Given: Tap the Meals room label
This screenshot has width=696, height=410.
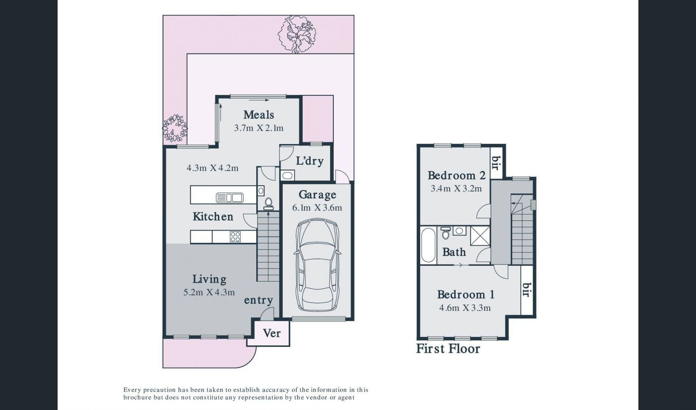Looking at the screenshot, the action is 258,115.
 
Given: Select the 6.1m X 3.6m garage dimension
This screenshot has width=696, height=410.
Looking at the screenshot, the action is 317,208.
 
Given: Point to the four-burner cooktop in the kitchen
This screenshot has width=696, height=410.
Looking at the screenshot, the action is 235,237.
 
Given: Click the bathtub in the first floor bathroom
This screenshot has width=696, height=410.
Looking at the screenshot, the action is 428,245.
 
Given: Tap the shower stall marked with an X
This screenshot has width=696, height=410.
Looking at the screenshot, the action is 480,236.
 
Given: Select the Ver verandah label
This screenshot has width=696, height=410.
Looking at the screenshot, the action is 272,333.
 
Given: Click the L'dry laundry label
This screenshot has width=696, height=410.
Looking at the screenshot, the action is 310,161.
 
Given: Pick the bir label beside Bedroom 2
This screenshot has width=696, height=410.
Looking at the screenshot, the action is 496,163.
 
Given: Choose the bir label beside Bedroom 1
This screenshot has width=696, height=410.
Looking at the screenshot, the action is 526,289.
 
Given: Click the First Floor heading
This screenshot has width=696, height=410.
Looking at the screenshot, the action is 448,348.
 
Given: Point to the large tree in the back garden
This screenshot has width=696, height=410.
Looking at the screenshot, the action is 297,34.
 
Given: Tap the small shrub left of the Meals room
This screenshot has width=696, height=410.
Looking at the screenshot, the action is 175,128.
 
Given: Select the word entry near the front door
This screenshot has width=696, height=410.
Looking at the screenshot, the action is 258,300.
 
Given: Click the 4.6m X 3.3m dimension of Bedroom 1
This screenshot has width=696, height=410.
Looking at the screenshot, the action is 465,308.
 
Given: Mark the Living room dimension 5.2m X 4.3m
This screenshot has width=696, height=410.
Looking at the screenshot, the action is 209,292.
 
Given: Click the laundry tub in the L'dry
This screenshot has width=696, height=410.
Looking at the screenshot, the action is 287,176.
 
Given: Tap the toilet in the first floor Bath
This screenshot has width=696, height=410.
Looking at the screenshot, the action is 446,233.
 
